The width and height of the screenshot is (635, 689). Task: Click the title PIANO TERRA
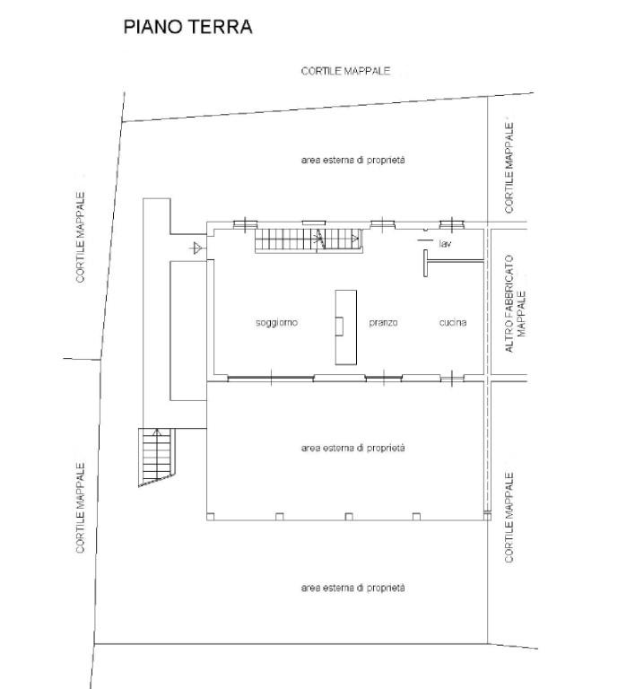point(188,27)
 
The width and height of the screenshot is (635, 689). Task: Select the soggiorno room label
point(276,323)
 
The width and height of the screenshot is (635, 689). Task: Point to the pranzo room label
point(383,323)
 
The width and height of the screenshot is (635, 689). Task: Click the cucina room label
point(453,323)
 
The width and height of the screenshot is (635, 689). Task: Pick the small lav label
point(445,243)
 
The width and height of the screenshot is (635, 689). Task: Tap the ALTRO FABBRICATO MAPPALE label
point(515,303)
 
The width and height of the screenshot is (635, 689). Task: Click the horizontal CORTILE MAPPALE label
point(345,71)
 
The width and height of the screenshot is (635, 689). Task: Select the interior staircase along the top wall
point(309,240)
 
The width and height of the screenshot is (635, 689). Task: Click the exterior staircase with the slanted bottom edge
point(157,456)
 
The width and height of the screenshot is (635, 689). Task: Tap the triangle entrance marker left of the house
point(197,249)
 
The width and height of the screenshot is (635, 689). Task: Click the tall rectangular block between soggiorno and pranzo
point(346,327)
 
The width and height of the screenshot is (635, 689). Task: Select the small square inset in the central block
point(339,326)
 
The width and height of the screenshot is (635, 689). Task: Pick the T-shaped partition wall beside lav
point(453,263)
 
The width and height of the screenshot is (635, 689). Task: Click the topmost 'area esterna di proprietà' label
point(353,161)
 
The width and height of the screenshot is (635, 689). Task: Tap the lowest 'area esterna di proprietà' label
point(353,588)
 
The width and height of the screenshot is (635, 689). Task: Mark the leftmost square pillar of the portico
point(211,517)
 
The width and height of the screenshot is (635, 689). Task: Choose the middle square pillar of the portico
point(349,517)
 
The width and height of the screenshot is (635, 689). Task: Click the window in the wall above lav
point(452,225)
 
